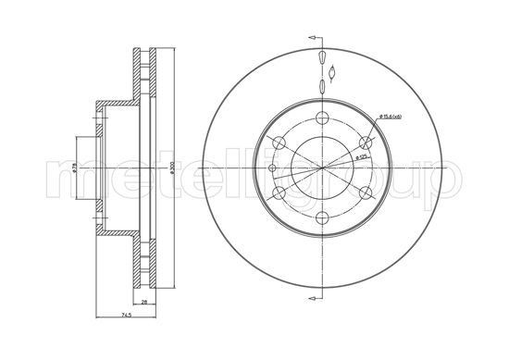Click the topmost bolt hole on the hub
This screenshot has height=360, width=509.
pos(322,116)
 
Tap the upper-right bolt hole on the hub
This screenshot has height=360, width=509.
pos(366,142)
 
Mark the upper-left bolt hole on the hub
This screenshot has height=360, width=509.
pos(278,142)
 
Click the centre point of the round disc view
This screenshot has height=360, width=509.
pos(322,168)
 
